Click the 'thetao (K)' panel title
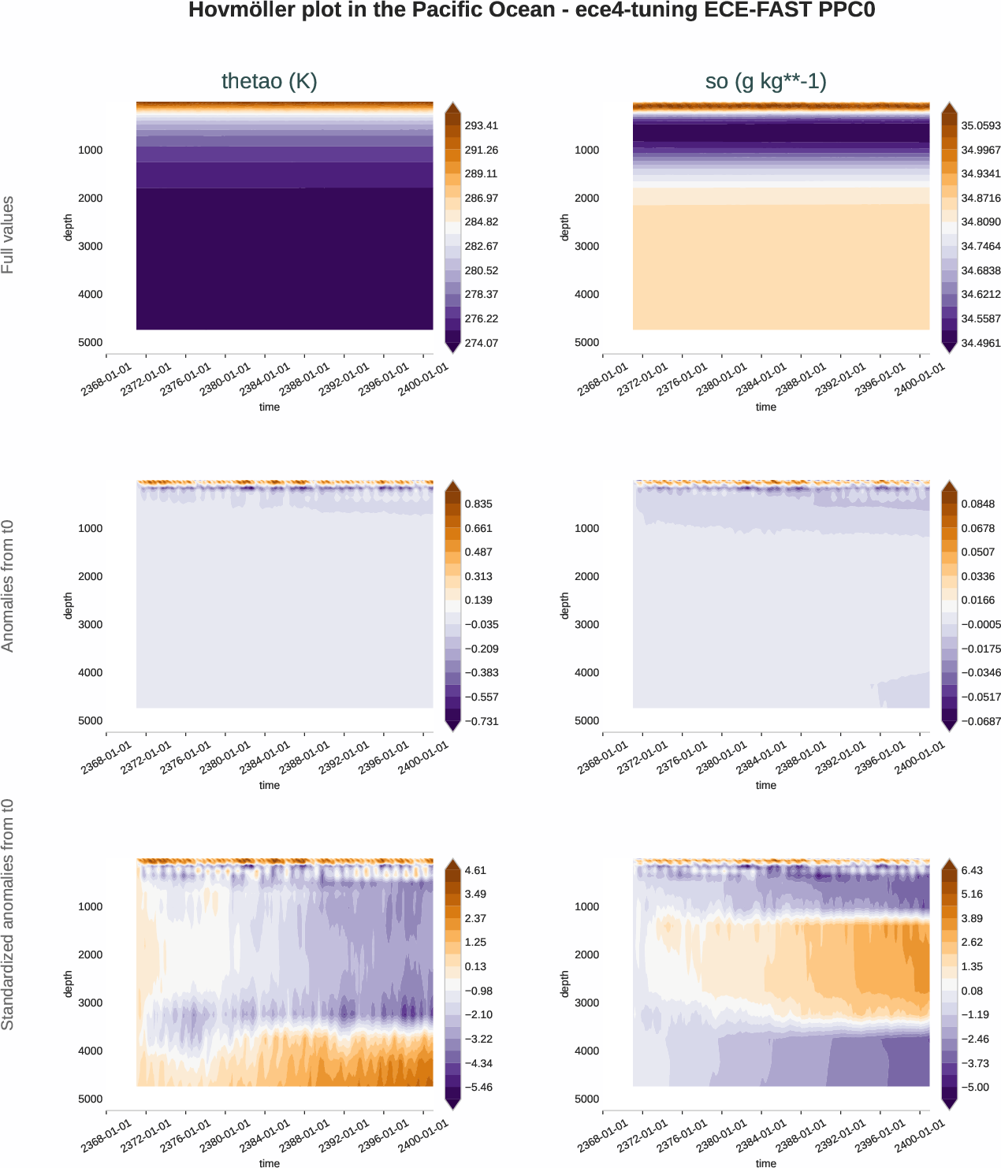[x=269, y=81]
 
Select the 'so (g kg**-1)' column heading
[x=765, y=81]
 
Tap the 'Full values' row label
[x=8, y=235]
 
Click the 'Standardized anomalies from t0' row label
[x=8, y=914]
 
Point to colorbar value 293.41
[x=481, y=125]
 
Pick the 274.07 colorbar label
[x=481, y=343]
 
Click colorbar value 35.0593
[x=981, y=125]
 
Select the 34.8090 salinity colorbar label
[x=981, y=222]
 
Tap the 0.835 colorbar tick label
[x=478, y=504]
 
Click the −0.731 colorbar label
[x=481, y=721]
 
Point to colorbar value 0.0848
[x=977, y=504]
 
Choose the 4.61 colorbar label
[x=475, y=870]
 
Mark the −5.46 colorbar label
[x=478, y=1087]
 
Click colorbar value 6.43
[x=972, y=870]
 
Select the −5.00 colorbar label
[x=975, y=1087]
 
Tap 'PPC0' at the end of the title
[x=847, y=10]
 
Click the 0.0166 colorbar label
[x=977, y=600]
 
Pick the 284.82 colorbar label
[x=481, y=222]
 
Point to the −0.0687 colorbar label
[x=981, y=721]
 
